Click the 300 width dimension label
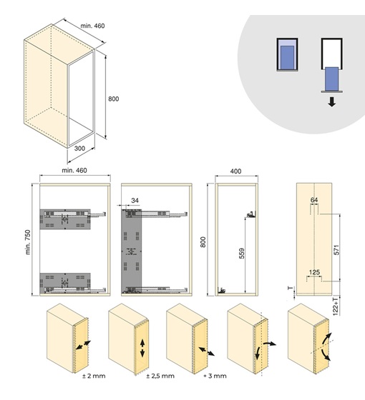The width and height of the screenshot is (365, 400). [79, 148]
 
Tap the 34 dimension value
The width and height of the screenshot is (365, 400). [135, 201]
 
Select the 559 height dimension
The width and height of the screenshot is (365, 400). [242, 254]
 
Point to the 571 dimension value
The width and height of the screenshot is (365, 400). [336, 250]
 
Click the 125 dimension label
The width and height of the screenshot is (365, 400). [314, 272]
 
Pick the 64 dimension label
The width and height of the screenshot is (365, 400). [314, 200]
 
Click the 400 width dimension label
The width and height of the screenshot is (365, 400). [235, 171]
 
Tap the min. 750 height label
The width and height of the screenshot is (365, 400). [28, 242]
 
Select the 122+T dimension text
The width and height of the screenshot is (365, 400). [336, 306]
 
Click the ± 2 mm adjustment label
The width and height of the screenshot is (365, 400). [94, 376]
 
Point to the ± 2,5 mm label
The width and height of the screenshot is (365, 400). [160, 376]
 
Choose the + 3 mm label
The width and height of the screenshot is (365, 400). [215, 376]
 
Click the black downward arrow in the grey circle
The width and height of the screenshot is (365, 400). [332, 102]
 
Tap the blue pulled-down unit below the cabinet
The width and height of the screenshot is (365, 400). [332, 79]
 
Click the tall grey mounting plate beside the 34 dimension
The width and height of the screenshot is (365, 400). [132, 251]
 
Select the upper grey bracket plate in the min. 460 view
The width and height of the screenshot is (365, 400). [65, 219]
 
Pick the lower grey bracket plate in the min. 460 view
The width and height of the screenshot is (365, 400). [65, 282]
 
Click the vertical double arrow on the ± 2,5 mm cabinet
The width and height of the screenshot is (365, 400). [142, 349]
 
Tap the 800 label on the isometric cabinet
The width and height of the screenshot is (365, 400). [114, 99]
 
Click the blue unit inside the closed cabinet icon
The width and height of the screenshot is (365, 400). [287, 57]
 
